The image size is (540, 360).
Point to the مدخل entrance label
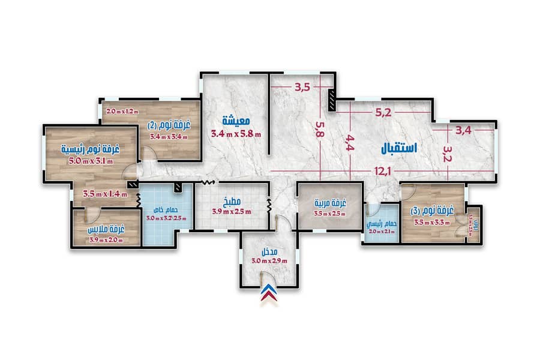tap(268, 251)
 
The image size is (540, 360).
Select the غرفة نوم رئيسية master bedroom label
tap(90, 148)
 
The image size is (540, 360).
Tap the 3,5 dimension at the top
tap(302, 88)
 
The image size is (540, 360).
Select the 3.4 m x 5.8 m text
tap(236, 134)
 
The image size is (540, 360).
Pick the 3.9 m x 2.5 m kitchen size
tap(232, 211)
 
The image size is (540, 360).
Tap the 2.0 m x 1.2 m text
tap(122, 111)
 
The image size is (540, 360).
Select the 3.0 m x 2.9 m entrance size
tap(269, 260)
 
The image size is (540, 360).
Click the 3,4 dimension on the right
tap(464, 130)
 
